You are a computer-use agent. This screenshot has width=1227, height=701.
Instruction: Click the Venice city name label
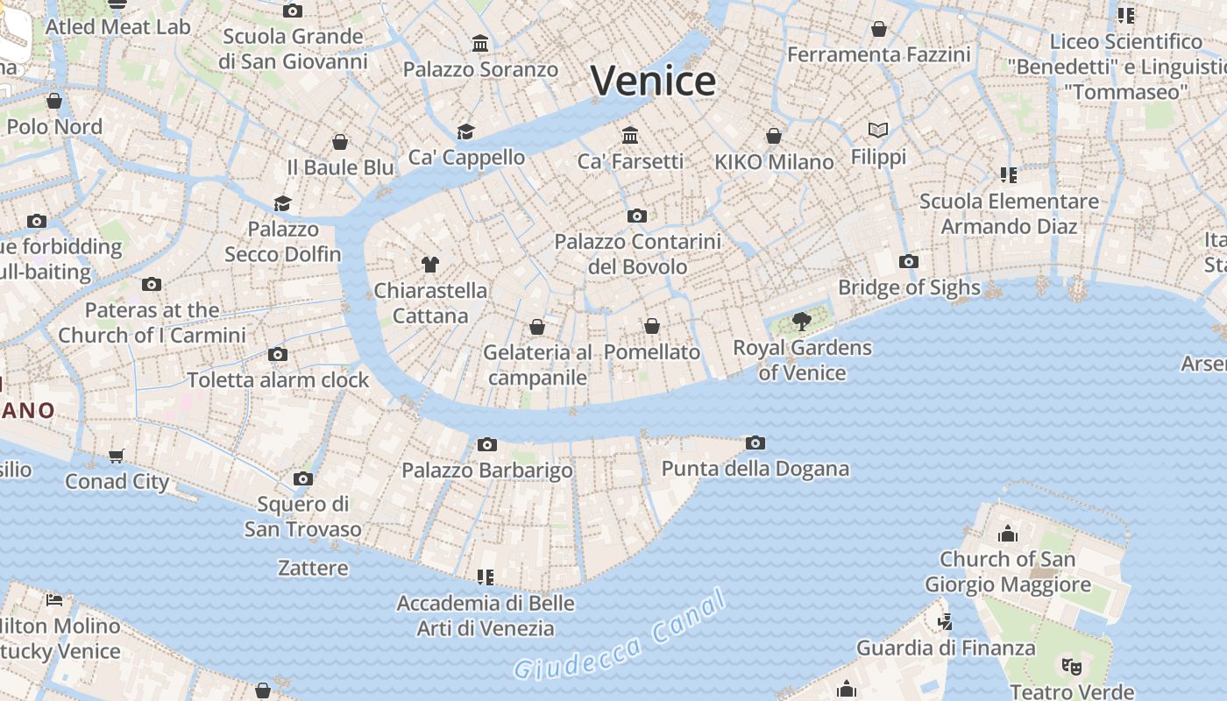click(653, 81)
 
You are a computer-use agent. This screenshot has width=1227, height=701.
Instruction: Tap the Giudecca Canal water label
click(621, 636)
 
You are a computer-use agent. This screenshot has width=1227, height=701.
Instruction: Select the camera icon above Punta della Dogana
click(755, 443)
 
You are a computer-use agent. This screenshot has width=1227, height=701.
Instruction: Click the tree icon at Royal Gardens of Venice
click(801, 322)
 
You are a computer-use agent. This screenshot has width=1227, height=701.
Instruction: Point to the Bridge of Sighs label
click(909, 287)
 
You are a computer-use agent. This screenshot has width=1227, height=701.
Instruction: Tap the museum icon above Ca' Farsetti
click(630, 135)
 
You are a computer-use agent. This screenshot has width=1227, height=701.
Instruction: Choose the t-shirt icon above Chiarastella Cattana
click(429, 264)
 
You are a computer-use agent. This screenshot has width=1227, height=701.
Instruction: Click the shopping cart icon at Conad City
click(117, 456)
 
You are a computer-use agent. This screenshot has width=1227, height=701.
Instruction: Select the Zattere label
click(313, 568)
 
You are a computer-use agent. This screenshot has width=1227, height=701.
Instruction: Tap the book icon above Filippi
click(878, 131)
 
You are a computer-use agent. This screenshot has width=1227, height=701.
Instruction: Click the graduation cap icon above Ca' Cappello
click(465, 131)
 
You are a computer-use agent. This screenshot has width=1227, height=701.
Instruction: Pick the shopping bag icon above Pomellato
click(652, 326)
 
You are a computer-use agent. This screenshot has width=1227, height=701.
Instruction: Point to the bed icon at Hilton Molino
click(54, 600)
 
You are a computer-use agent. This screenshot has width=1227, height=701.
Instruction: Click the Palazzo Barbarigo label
click(487, 471)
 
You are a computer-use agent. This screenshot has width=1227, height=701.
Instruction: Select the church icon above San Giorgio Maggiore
click(1008, 533)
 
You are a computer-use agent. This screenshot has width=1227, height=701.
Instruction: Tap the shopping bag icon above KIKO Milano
click(774, 136)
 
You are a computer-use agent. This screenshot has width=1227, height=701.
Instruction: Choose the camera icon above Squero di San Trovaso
click(303, 478)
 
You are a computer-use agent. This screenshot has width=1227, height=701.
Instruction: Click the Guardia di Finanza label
click(946, 648)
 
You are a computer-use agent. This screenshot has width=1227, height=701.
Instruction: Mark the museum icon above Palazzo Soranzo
click(480, 43)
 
